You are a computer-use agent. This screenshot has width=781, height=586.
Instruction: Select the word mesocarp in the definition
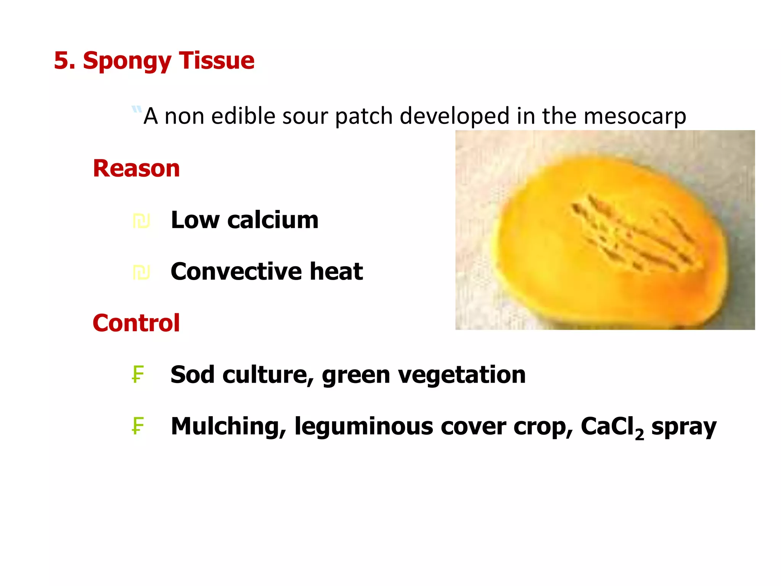635,116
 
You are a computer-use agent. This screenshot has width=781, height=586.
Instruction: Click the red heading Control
136,323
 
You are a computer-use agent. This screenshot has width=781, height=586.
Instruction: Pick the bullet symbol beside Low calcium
141,221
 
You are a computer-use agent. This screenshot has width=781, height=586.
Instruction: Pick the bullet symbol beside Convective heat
141,272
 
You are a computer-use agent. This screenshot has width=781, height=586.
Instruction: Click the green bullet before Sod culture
138,374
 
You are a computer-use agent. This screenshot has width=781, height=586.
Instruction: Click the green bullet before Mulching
138,426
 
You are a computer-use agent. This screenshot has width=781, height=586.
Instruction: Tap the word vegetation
462,375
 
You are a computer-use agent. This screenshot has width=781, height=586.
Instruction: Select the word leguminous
363,427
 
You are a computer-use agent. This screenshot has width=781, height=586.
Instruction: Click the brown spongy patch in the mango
633,233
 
